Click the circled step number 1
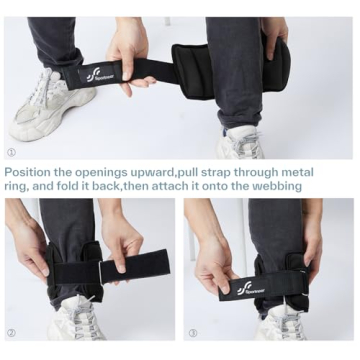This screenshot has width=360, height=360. pos(11,153)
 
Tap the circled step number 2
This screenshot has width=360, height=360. pos(11,333)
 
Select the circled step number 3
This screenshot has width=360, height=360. pos(192,333)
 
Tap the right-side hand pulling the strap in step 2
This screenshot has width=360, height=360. pos(122,240)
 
